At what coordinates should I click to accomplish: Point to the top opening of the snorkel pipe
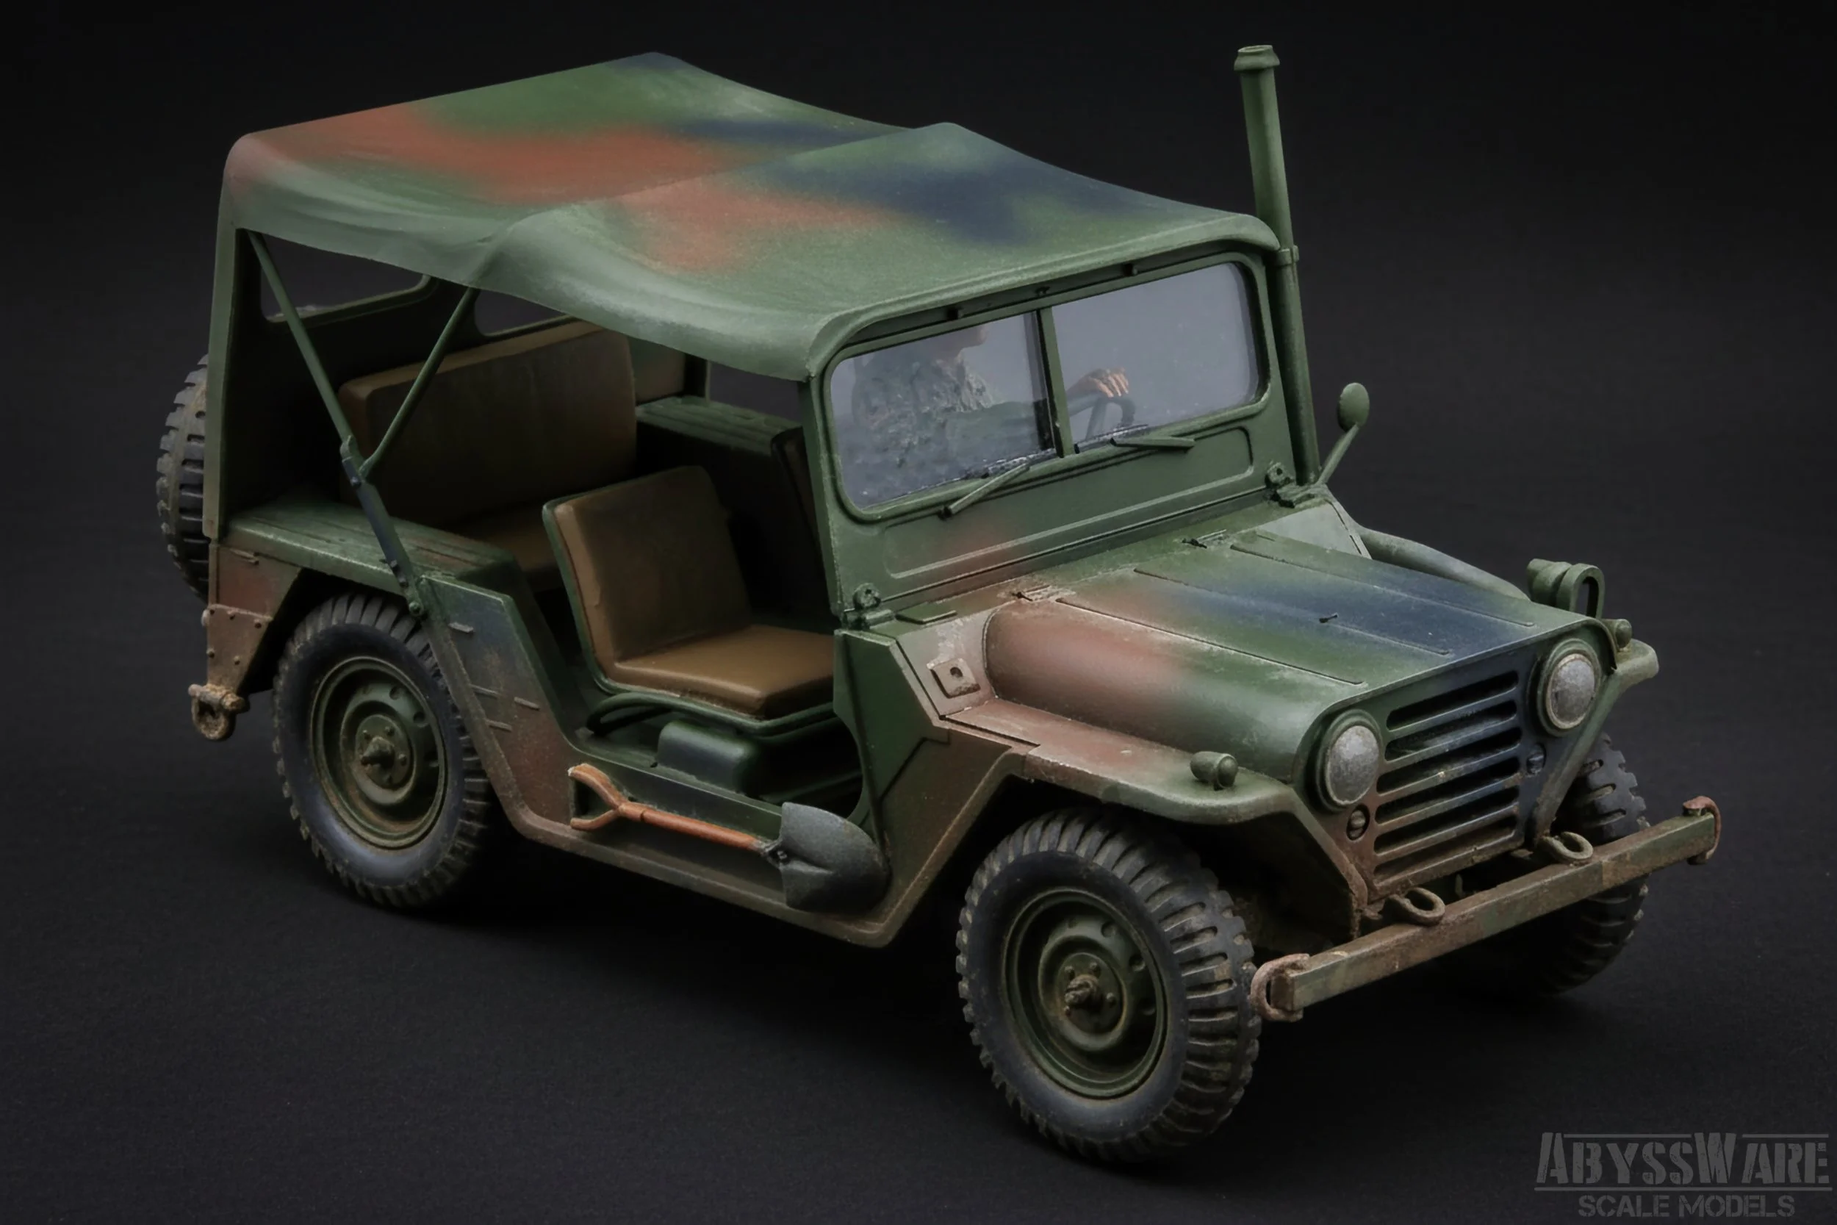(x=1255, y=58)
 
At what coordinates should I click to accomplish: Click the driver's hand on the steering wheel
(x=1109, y=382)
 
